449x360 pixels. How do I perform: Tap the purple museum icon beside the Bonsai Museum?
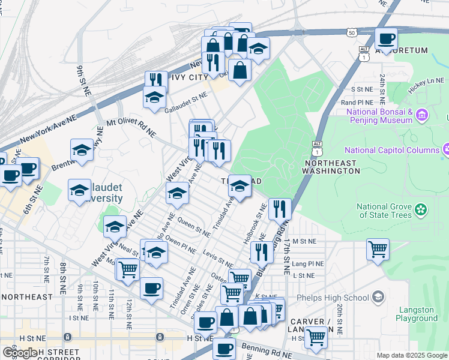(422, 114)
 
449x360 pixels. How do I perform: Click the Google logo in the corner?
(20, 352)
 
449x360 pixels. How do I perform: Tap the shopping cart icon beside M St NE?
(378, 248)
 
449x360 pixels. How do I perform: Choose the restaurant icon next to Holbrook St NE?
(280, 209)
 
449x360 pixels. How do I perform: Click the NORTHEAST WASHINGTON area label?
(332, 167)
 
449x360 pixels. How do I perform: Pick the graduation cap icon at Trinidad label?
(240, 187)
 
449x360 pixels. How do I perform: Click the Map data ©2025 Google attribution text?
(411, 355)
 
